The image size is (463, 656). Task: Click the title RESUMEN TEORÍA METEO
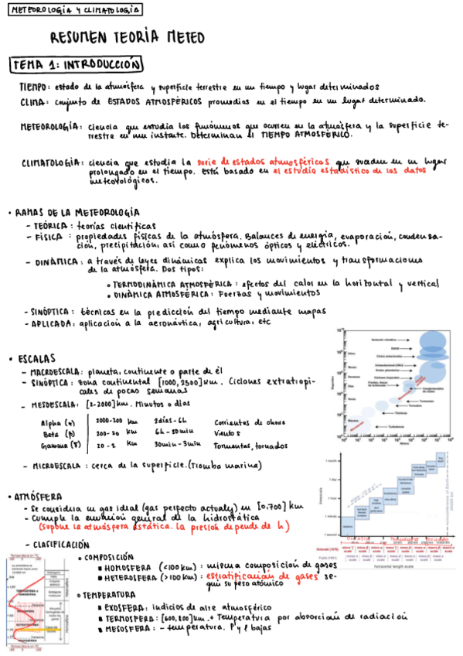(x=128, y=36)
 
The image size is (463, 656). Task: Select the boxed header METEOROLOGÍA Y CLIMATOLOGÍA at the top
(x=74, y=10)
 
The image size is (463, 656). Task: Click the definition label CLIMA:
(x=34, y=101)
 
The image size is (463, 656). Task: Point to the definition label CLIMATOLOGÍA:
(x=53, y=163)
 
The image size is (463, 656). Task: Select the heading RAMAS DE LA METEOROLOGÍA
(x=77, y=212)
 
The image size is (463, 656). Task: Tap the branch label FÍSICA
(x=48, y=237)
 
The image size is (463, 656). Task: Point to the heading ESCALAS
(x=36, y=359)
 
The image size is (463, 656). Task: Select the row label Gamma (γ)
(x=61, y=446)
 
